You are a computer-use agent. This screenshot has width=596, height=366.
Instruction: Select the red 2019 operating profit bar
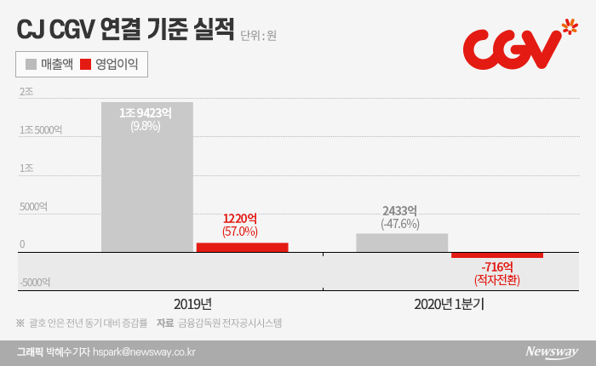pyautogui.click(x=242, y=248)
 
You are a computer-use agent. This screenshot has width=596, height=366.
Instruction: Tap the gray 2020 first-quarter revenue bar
pyautogui.click(x=402, y=243)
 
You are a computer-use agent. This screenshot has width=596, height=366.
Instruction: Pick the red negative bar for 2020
pyautogui.click(x=497, y=255)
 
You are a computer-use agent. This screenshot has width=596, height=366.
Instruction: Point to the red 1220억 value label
pyautogui.click(x=241, y=218)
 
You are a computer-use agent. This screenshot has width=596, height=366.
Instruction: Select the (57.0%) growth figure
pyautogui.click(x=241, y=232)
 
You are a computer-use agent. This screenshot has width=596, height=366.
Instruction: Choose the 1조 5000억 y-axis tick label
pyautogui.click(x=40, y=129)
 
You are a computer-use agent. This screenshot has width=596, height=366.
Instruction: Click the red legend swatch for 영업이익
pyautogui.click(x=86, y=64)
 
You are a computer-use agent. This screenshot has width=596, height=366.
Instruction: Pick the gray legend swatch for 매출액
pyautogui.click(x=32, y=64)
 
